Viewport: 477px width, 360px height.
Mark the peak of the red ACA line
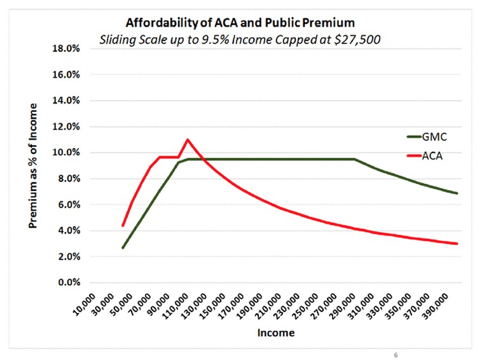(x=188, y=139)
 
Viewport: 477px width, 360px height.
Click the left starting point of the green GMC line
(x=123, y=247)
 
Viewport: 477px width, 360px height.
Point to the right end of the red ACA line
(x=457, y=244)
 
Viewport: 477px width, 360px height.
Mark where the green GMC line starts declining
(x=354, y=159)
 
